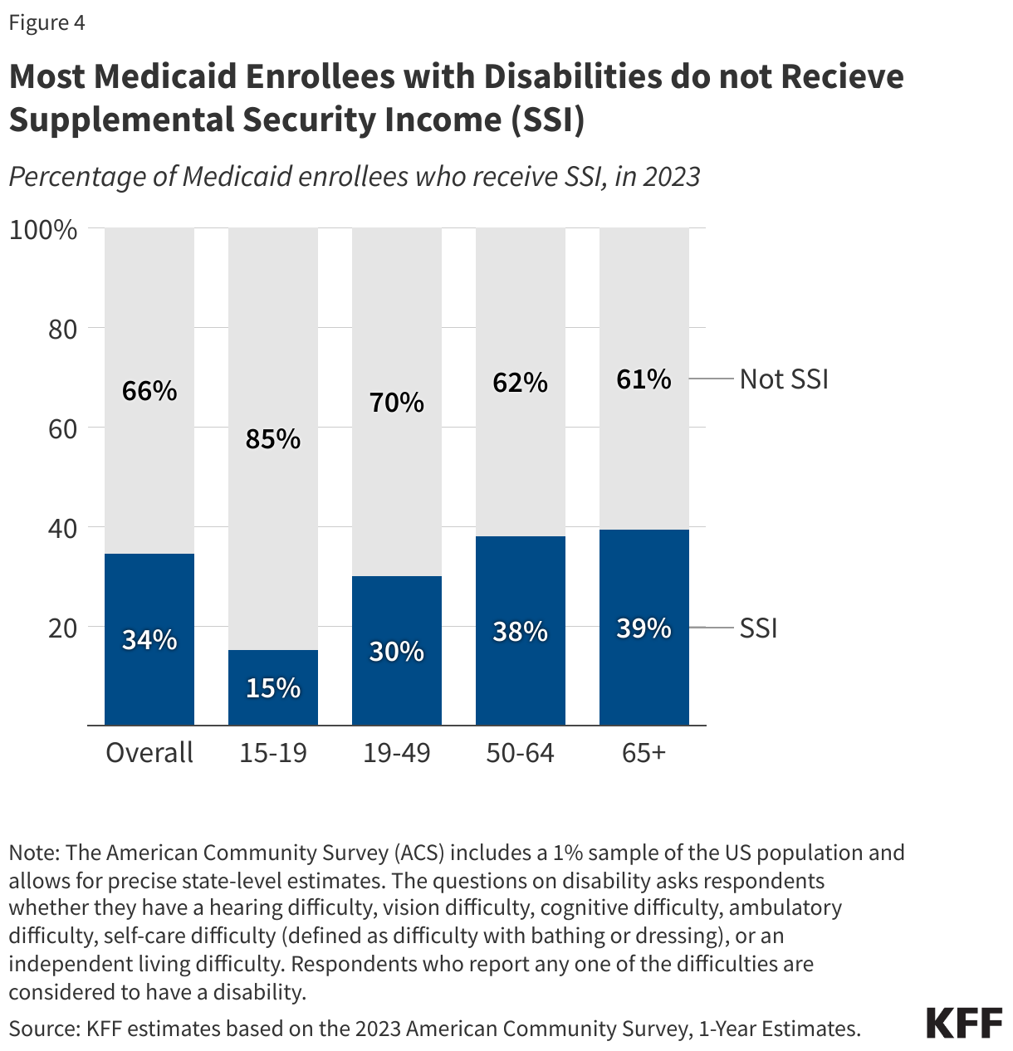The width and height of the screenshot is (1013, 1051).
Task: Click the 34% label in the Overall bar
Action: (x=149, y=640)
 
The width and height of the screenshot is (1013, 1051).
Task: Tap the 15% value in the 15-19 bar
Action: (x=273, y=688)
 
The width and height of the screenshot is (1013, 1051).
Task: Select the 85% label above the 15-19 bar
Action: (x=273, y=439)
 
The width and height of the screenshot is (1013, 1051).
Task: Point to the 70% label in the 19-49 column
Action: (x=397, y=403)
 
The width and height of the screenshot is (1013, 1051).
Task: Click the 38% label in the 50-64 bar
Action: (x=521, y=632)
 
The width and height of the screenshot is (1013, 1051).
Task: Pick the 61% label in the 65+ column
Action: (x=644, y=379)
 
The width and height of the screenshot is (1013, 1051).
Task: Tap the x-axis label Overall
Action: (x=149, y=753)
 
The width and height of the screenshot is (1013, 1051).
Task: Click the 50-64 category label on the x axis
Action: (x=521, y=753)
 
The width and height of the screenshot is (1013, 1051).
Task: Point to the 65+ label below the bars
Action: (x=644, y=753)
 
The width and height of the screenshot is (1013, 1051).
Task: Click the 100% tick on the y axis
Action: (x=43, y=230)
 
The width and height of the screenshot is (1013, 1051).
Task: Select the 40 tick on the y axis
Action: (x=61, y=528)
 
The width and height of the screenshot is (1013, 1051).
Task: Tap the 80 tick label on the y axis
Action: (x=61, y=330)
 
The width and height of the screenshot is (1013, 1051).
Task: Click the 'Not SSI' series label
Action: (x=784, y=379)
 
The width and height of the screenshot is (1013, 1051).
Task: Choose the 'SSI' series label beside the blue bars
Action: (x=758, y=628)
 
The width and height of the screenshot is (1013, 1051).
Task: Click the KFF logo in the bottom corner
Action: (x=964, y=1023)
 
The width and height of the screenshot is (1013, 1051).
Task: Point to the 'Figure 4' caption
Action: (x=47, y=22)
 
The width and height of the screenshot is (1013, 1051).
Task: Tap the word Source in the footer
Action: (x=44, y=1029)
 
